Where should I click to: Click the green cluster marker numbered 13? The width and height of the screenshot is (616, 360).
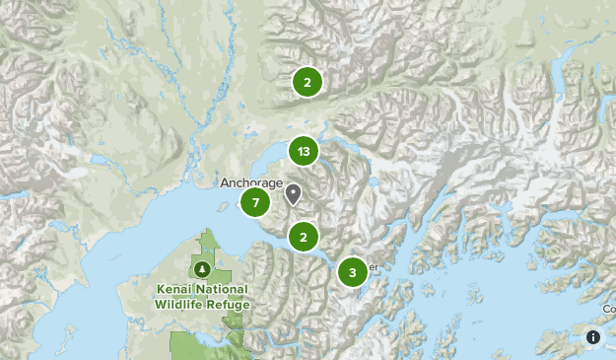click(x=304, y=152)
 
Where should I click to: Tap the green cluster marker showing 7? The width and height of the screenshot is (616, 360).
click(x=255, y=203)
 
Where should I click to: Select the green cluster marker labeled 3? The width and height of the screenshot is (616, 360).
click(x=353, y=272)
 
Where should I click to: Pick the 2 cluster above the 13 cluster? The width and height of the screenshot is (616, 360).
click(x=308, y=82)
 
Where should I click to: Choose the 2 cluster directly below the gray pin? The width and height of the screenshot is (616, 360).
click(x=304, y=237)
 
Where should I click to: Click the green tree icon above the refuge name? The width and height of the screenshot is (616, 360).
click(x=202, y=269)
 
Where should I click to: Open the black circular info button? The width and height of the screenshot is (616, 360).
click(x=593, y=337)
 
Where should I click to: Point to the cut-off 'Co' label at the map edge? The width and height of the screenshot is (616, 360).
click(x=609, y=309)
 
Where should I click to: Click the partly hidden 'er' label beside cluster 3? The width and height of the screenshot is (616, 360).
click(x=373, y=265)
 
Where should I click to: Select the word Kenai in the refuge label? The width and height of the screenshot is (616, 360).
click(x=174, y=290)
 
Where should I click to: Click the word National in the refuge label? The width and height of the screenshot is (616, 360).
click(x=222, y=290)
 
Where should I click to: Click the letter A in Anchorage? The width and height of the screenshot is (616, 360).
click(x=223, y=183)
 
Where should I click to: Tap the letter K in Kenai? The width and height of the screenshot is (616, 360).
click(x=160, y=290)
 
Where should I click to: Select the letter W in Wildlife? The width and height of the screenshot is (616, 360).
click(x=161, y=304)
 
